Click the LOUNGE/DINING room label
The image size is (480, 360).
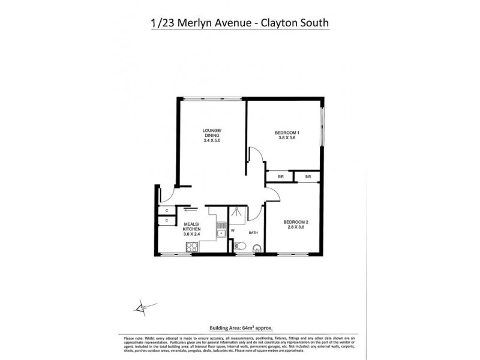pos(212,133)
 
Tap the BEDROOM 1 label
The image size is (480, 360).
pos(287,133)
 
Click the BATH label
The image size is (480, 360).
pos(253,232)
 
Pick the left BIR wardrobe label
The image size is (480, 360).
pos(280,176)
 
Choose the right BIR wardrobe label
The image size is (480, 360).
pos(308,176)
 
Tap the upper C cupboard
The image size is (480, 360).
pos(166,210)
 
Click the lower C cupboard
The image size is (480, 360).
pos(166,221)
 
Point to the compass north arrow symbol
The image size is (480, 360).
pos(142,308)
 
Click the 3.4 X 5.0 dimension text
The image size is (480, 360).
pos(212,141)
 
